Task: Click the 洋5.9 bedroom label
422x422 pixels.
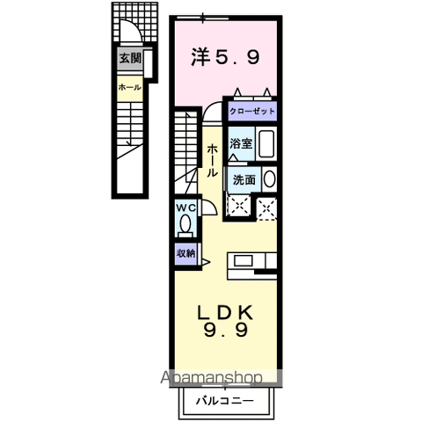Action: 225,58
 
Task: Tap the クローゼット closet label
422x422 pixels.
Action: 253,112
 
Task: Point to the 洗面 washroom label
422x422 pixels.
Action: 244,178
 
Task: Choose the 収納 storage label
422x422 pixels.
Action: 185,252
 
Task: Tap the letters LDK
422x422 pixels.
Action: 224,311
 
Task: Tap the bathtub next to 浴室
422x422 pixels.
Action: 268,144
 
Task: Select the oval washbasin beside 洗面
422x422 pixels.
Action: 268,178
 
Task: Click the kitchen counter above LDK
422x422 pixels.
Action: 251,262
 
